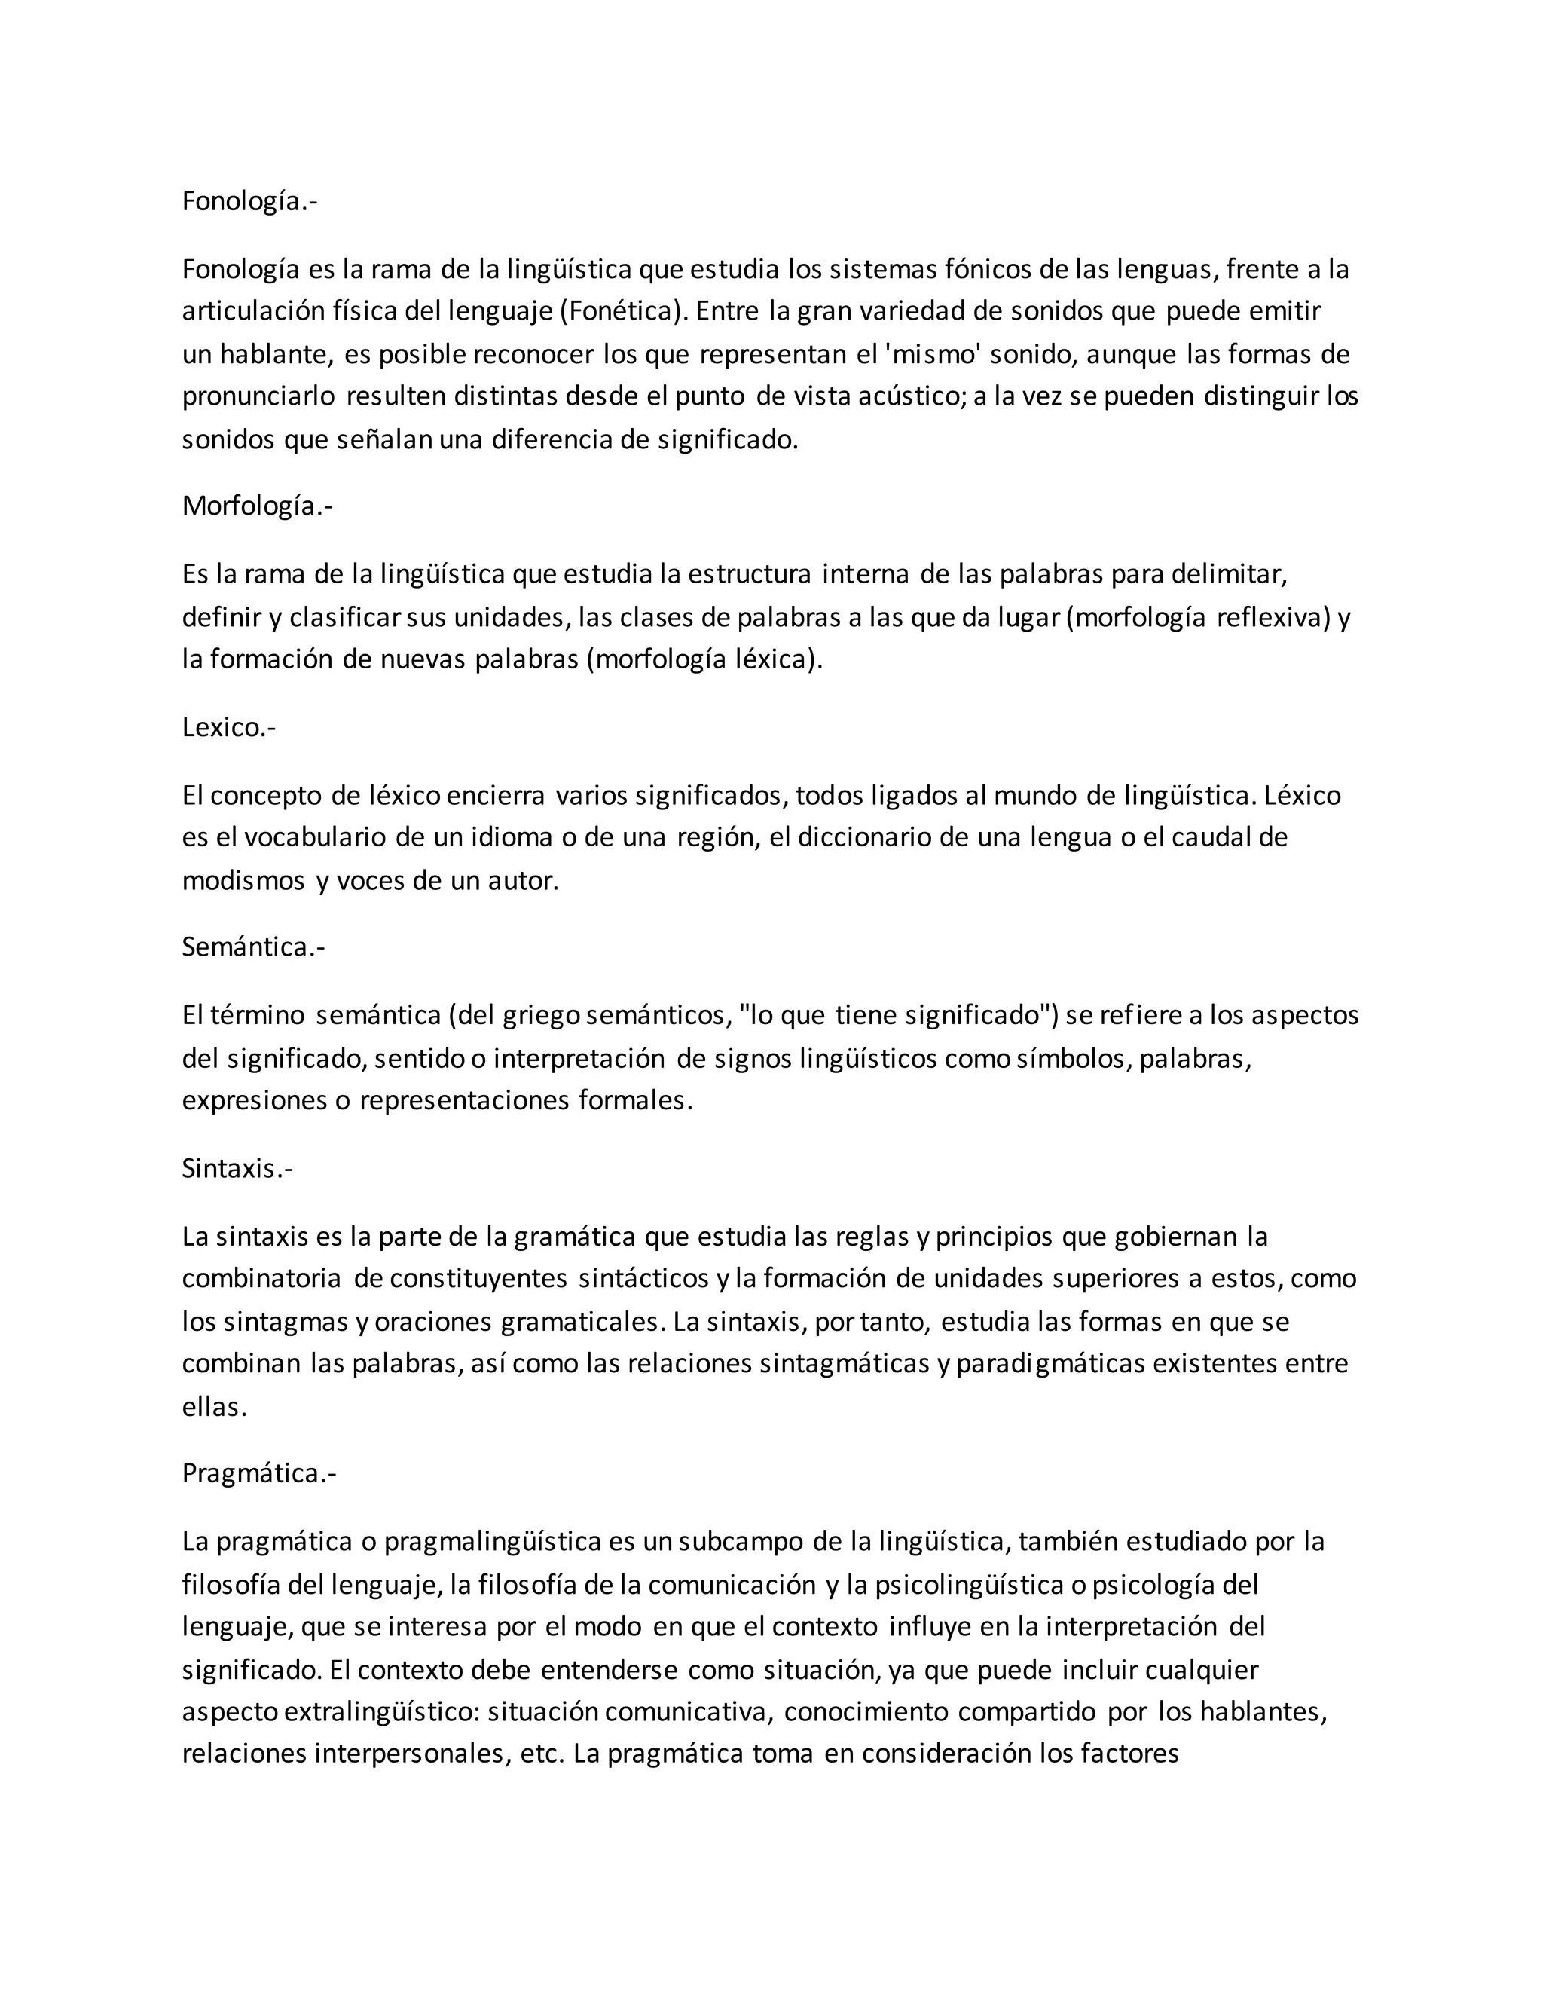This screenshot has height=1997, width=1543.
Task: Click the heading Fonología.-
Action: [249, 201]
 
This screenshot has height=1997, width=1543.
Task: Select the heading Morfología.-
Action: [257, 506]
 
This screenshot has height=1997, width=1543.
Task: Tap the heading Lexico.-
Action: [228, 727]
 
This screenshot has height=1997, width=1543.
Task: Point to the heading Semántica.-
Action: [253, 947]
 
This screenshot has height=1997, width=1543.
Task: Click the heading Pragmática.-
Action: [258, 1473]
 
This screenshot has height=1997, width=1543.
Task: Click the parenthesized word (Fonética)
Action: [622, 312]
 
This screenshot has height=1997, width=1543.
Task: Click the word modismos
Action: [243, 882]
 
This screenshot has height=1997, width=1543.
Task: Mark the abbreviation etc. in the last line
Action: [541, 1754]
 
